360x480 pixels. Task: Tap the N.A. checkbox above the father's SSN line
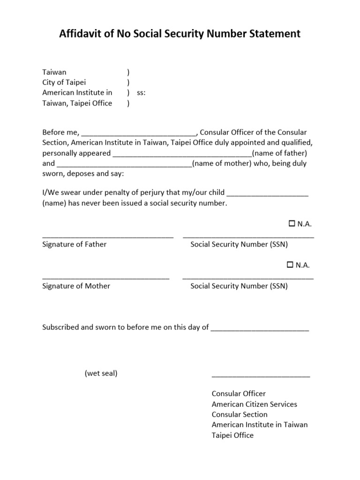click(292, 224)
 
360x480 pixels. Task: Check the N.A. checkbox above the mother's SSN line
click(290, 265)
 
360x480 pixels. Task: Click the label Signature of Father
click(75, 244)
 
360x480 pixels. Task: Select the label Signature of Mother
click(76, 285)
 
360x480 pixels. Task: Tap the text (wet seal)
click(101, 374)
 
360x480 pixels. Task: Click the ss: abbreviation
click(141, 93)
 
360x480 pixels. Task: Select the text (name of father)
click(279, 153)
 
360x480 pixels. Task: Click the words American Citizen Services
click(255, 404)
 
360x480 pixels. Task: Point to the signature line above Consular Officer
click(261, 376)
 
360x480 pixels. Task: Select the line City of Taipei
click(64, 82)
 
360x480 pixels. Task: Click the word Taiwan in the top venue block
click(54, 72)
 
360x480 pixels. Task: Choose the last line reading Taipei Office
click(232, 435)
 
